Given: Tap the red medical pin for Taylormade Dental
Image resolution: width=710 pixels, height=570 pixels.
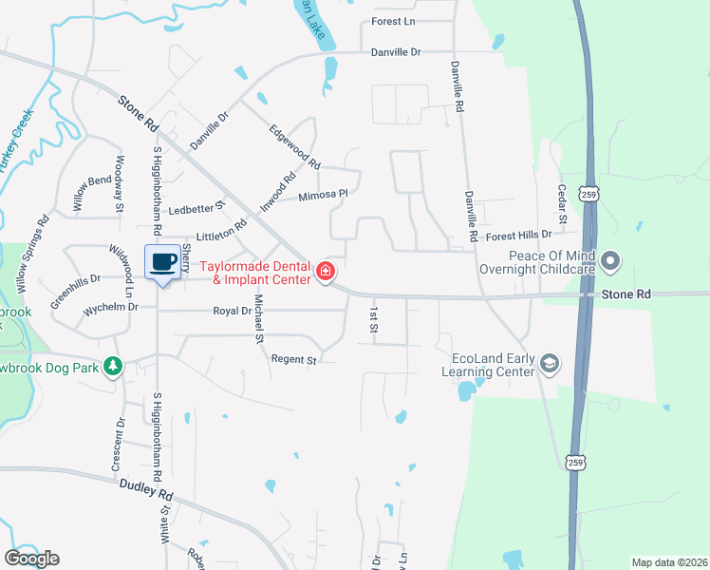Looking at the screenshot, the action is click(326, 273).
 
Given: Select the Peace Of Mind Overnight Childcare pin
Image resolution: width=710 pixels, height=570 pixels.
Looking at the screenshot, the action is click(610, 259).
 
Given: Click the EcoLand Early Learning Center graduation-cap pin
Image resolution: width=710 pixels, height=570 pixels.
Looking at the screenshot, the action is click(548, 364).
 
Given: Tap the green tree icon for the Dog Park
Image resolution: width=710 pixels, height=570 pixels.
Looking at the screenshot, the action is click(113, 366).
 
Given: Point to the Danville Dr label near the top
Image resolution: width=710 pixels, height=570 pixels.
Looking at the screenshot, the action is click(395, 52).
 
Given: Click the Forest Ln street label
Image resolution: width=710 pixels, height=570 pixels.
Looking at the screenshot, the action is click(394, 21).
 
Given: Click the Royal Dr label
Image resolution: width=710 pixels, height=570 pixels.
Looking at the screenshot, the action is click(232, 311).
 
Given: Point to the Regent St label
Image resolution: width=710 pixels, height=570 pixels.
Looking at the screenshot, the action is click(292, 359).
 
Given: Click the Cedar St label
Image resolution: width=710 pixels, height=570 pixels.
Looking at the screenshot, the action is click(562, 205).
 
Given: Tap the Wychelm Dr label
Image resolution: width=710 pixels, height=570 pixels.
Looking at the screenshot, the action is click(111, 308).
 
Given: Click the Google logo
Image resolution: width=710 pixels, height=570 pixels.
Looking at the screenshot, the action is click(31, 559).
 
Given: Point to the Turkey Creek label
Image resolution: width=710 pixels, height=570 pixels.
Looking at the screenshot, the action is click(16, 140).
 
